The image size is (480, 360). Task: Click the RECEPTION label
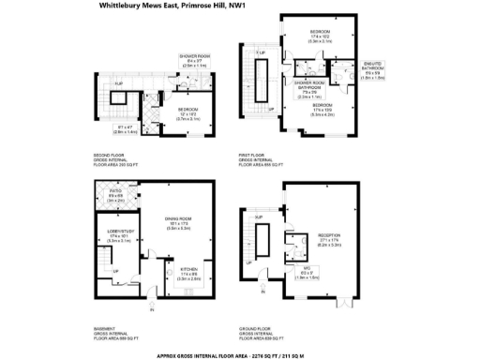(331, 239)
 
